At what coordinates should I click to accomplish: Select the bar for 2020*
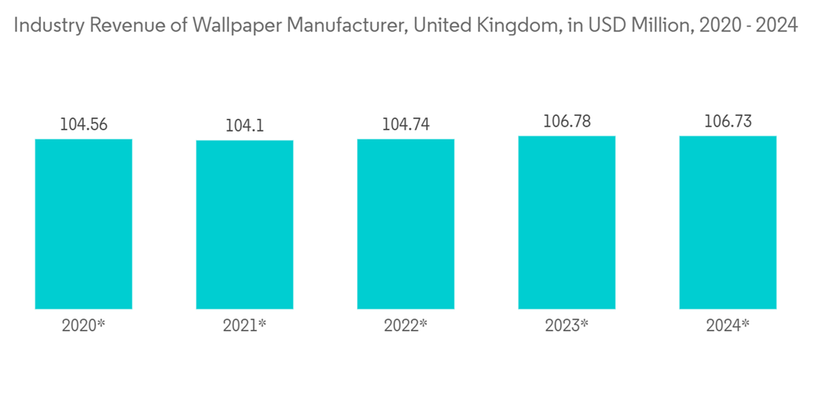pyautogui.click(x=84, y=223)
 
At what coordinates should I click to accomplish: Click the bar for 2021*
pyautogui.click(x=245, y=224)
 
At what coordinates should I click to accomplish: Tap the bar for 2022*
pyautogui.click(x=406, y=223)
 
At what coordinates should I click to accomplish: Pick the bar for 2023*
pyautogui.click(x=566, y=222)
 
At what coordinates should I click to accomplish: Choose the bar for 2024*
pyautogui.click(x=727, y=222)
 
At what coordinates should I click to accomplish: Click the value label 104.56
pyautogui.click(x=84, y=125)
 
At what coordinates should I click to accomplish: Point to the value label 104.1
pyautogui.click(x=245, y=126)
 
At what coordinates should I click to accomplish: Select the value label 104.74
pyautogui.click(x=406, y=125)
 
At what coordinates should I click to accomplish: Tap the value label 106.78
pyautogui.click(x=566, y=122)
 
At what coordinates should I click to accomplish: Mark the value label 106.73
pyautogui.click(x=727, y=122)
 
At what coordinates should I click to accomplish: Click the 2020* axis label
pyautogui.click(x=84, y=325)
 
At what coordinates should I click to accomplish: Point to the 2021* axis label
pyautogui.click(x=245, y=325)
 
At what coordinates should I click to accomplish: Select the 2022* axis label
pyautogui.click(x=406, y=325)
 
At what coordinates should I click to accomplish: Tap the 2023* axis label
pyautogui.click(x=566, y=325)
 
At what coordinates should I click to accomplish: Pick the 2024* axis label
pyautogui.click(x=727, y=325)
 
